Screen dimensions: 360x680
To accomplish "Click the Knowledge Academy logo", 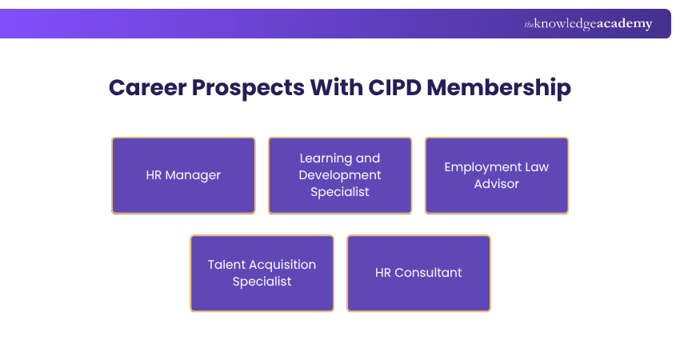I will point(588,24).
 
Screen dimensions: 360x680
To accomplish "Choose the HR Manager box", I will point(183,175).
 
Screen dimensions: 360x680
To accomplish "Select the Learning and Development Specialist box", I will point(340,175).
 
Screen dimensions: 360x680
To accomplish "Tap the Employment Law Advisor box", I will point(497,175).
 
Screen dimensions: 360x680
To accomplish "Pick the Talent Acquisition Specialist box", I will point(262,273).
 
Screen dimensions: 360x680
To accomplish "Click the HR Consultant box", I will point(418,273).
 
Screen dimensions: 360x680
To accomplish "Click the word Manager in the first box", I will point(194,175).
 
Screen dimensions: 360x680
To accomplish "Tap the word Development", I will point(340,175).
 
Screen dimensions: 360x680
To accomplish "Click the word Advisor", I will point(497,184).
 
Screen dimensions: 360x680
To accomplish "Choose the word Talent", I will point(226,265).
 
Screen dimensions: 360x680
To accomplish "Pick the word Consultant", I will point(429,273).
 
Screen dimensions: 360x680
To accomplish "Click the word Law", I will point(537,167).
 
